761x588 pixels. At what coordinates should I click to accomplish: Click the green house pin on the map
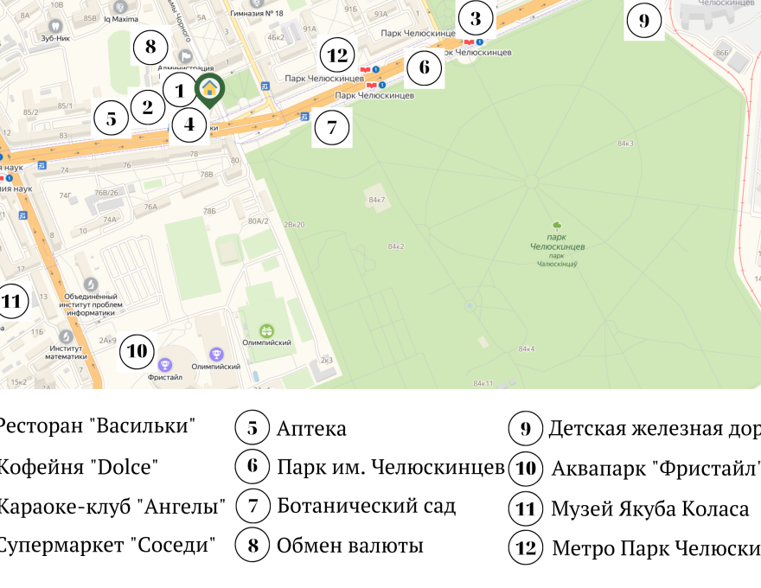pos(208,89)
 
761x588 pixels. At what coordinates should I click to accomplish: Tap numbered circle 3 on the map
pos(475,18)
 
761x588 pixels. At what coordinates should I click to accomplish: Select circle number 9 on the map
pos(643,21)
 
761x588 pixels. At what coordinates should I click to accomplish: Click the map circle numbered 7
pos(330,128)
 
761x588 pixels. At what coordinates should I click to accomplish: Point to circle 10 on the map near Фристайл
pos(137,350)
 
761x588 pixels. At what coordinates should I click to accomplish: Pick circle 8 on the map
pos(150,47)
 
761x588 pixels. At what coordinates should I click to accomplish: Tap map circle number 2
pos(147,107)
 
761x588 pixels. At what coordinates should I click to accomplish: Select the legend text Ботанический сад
pos(366,506)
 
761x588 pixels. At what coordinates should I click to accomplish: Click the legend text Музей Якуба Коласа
pos(649,509)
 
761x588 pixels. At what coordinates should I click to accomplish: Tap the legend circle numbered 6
pos(253,467)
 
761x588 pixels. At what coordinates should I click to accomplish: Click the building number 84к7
pos(377,200)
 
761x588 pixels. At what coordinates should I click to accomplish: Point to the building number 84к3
pos(625,143)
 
